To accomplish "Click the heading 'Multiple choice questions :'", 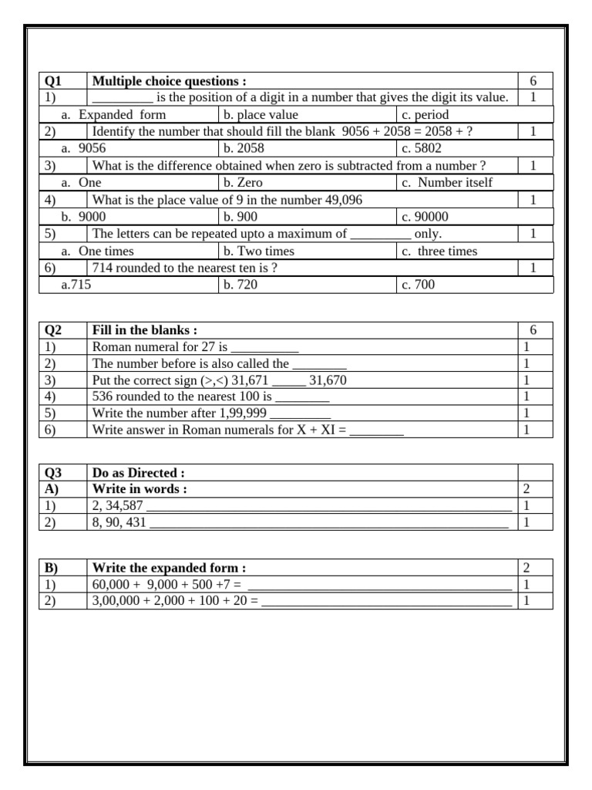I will pos(170,81).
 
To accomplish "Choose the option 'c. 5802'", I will pos(422,148).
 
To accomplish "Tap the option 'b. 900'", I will pos(240,217).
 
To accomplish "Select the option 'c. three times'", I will pos(439,251).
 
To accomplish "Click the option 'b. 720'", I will pos(240,285).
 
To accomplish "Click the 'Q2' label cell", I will pos(53,330).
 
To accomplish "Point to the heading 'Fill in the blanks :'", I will pos(144,330).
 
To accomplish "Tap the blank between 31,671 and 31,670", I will pos(289,381).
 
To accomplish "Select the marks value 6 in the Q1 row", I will pos(533,81).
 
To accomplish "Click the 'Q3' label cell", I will pos(53,472).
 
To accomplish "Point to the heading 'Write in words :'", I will pos(140,489).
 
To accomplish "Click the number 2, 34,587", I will pos(117,506).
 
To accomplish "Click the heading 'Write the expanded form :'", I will pos(169,567).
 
